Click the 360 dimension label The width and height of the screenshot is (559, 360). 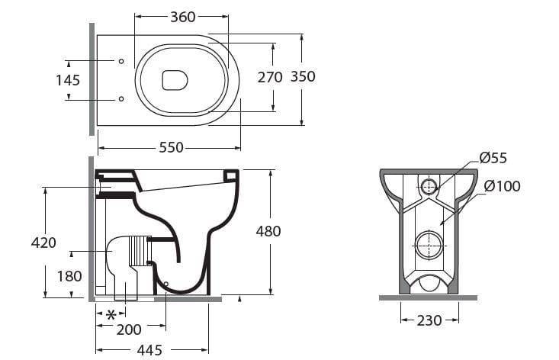click(182, 17)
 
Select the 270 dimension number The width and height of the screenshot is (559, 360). click(269, 76)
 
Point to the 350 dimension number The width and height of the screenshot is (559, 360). click(302, 76)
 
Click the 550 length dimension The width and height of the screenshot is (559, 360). click(171, 147)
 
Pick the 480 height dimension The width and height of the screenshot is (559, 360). click(268, 231)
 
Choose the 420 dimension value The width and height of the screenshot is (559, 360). click(44, 243)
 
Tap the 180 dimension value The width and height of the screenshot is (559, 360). click(69, 275)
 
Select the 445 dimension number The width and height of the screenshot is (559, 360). click(149, 349)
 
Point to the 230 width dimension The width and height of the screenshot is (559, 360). click(429, 320)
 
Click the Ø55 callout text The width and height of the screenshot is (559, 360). click(493, 159)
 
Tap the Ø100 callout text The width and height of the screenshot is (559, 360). click(501, 186)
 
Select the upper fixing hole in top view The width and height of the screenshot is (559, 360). click(120, 61)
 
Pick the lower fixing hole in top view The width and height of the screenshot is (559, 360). click(120, 98)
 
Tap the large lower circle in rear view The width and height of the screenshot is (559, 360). click(427, 245)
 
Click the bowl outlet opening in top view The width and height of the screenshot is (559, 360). click(175, 79)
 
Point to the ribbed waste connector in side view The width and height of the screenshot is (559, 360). click(140, 250)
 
